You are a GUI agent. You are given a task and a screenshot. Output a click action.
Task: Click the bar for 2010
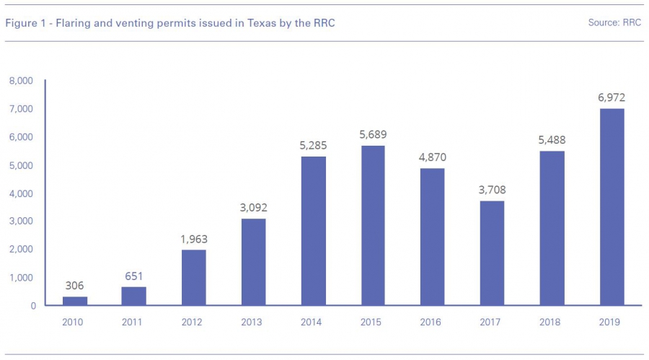[x=74, y=301]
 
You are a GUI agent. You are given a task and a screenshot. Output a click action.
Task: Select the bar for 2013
[x=253, y=262]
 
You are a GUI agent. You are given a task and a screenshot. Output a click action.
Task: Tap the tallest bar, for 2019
[x=612, y=207]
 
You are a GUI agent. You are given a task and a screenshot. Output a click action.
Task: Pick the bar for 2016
[x=433, y=237]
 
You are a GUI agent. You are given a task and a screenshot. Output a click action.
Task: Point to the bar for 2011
[x=133, y=296]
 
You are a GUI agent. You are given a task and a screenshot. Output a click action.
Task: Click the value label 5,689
[x=373, y=134]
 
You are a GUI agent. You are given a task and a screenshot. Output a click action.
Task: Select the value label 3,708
[x=492, y=190]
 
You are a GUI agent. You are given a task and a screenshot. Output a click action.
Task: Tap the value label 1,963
[x=193, y=239]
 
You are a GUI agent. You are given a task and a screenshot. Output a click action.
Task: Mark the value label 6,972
[x=612, y=97]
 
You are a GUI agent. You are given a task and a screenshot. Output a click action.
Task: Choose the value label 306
[x=74, y=286]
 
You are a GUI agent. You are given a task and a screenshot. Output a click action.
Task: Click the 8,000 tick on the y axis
[x=21, y=81]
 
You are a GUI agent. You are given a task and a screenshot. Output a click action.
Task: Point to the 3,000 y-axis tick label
[x=21, y=221]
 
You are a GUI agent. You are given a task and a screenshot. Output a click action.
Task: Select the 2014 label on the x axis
[x=313, y=322]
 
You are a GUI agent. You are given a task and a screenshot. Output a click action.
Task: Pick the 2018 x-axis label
[x=552, y=322]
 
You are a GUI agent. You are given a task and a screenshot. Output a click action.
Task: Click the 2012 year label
[x=193, y=322]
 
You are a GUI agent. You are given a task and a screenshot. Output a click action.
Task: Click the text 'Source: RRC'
[x=614, y=23]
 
